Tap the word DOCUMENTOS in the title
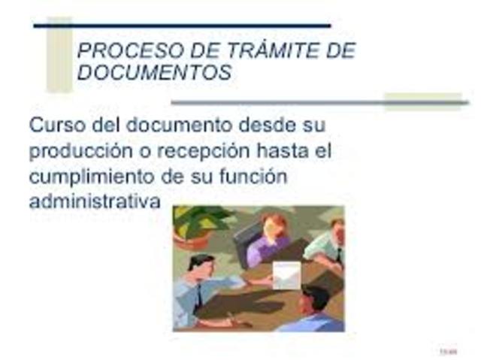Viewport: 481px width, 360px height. coord(154,74)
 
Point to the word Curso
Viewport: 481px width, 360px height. coord(54,124)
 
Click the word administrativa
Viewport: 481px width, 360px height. coord(95,203)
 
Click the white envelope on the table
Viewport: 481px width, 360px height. coord(286,276)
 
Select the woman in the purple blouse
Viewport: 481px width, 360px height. coord(269,238)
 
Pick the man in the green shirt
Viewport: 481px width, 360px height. coord(328,244)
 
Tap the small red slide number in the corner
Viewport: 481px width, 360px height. coord(448,351)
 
